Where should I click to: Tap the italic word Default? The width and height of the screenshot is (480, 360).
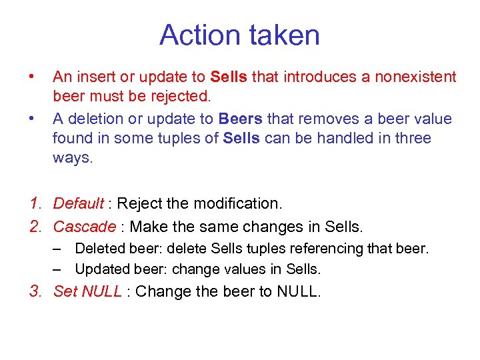tap(78, 203)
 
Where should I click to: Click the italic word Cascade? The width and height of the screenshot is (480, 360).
tap(84, 227)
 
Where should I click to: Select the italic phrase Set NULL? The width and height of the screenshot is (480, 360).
tap(87, 291)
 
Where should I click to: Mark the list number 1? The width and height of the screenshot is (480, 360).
tap(36, 203)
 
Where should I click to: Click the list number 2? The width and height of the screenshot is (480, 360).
tap(36, 227)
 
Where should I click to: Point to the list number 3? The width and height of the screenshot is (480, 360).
tap(36, 291)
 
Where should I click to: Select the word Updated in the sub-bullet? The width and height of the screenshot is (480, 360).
tap(99, 269)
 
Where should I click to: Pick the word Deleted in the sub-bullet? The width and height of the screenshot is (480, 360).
tap(97, 249)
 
